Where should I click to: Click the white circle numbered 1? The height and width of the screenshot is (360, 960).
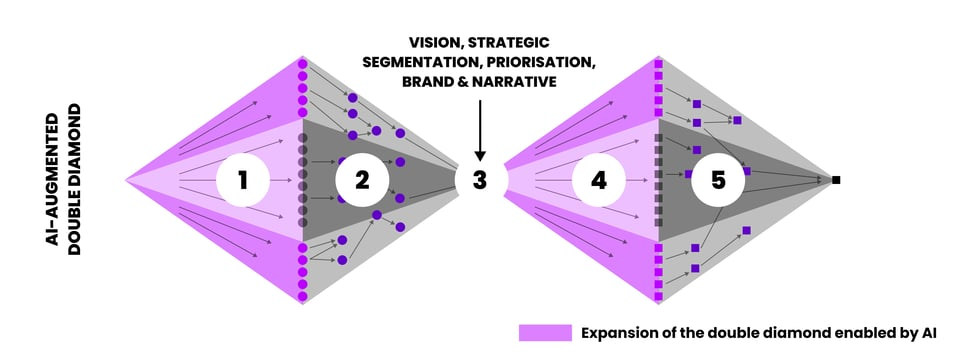pos(243,180)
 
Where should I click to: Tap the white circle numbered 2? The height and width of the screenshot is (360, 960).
pos(362,180)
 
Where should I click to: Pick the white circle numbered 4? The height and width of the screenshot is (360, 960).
pos(599,180)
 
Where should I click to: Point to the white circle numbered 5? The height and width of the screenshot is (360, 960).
pos(718,180)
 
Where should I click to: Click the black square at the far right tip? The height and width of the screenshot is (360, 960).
pos(836,180)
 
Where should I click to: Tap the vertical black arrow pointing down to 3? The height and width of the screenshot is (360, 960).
pos(480,130)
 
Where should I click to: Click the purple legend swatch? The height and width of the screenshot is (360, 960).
pos(546,333)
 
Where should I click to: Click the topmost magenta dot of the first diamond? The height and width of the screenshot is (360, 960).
pos(302,64)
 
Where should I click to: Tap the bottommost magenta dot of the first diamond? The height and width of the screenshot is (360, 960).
pos(302,296)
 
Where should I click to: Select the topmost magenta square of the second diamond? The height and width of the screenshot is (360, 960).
pos(659,64)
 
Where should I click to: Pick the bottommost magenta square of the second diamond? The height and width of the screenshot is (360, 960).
pos(659,296)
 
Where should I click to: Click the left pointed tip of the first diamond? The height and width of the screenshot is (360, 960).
pos(126,180)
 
